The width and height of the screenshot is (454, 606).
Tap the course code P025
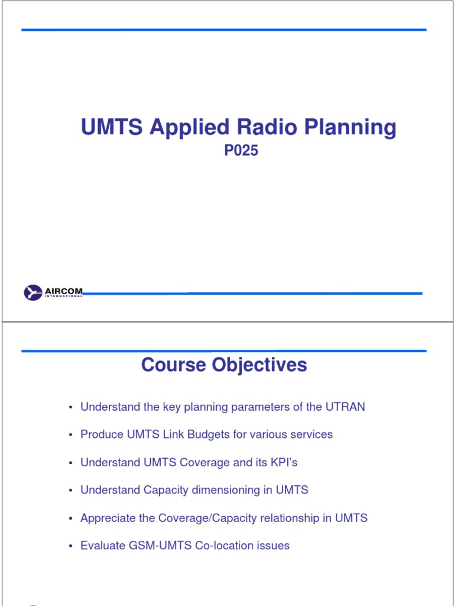click(241, 151)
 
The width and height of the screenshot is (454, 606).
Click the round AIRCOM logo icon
click(33, 292)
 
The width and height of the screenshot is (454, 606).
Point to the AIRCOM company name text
click(64, 291)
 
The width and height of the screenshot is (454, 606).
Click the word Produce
click(102, 434)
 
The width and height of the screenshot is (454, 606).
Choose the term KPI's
click(284, 462)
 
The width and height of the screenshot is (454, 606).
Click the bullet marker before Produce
click(70, 435)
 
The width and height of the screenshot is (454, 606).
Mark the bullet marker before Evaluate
click(70, 546)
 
